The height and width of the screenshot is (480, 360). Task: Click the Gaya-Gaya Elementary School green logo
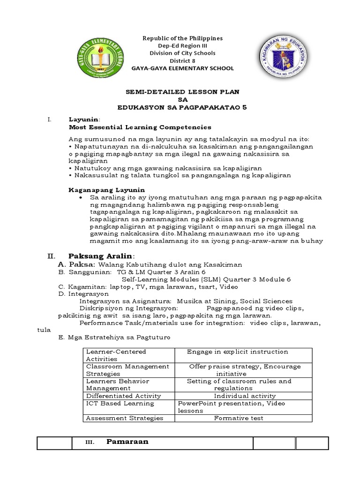(102, 57)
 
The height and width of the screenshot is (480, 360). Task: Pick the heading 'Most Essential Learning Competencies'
(134, 127)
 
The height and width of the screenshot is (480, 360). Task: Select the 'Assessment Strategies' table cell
(124, 418)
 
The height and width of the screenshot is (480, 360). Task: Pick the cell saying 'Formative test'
(238, 418)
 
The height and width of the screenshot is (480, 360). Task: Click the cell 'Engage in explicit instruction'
(237, 352)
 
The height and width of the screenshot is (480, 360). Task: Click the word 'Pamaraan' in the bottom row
(127, 442)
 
